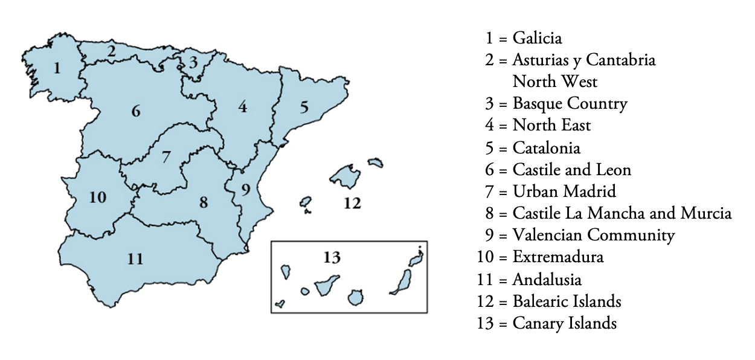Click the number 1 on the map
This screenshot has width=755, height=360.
pos(57,68)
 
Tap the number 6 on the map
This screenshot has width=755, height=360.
pos(136,111)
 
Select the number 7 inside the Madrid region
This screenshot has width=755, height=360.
pos(166,158)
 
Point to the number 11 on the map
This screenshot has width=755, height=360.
pos(135,259)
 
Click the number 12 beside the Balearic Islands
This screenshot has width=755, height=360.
pos(352,203)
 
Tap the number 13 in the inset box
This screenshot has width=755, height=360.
pos(332,258)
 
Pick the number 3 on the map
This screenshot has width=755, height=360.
pos(193,62)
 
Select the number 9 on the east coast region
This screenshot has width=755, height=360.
pos(245,190)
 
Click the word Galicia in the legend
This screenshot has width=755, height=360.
pos(537,39)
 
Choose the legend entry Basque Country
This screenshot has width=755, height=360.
pos(570,104)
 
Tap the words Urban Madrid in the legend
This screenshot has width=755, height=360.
pos(564,191)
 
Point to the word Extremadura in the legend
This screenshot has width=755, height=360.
pos(557,257)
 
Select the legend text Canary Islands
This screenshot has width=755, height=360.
pos(564,323)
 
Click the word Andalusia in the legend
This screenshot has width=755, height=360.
pos(547,279)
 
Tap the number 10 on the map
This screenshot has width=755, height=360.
pos(98,197)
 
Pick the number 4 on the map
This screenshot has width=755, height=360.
pos(242,108)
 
